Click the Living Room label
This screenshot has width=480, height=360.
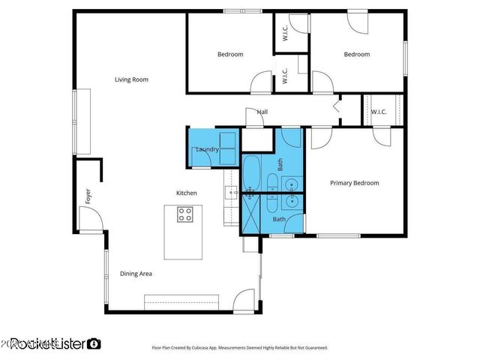click(130, 79)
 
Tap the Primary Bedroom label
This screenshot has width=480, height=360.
click(355, 183)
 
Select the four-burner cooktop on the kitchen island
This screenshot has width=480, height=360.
click(185, 215)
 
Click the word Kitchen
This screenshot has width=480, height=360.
click(187, 193)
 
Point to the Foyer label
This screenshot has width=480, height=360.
click(88, 196)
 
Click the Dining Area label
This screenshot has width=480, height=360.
click(136, 274)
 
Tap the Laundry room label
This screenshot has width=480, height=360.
click(207, 150)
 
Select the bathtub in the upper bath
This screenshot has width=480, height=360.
click(252, 172)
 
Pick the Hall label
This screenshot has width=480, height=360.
click(262, 112)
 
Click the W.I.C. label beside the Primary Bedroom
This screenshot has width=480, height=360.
click(378, 112)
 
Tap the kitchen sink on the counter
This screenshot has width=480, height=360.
click(229, 193)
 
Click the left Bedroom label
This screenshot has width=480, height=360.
click(230, 54)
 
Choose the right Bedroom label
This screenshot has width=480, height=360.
click(356, 54)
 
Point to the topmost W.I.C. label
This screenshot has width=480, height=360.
click(285, 33)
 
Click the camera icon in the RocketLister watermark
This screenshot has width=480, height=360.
click(94, 344)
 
